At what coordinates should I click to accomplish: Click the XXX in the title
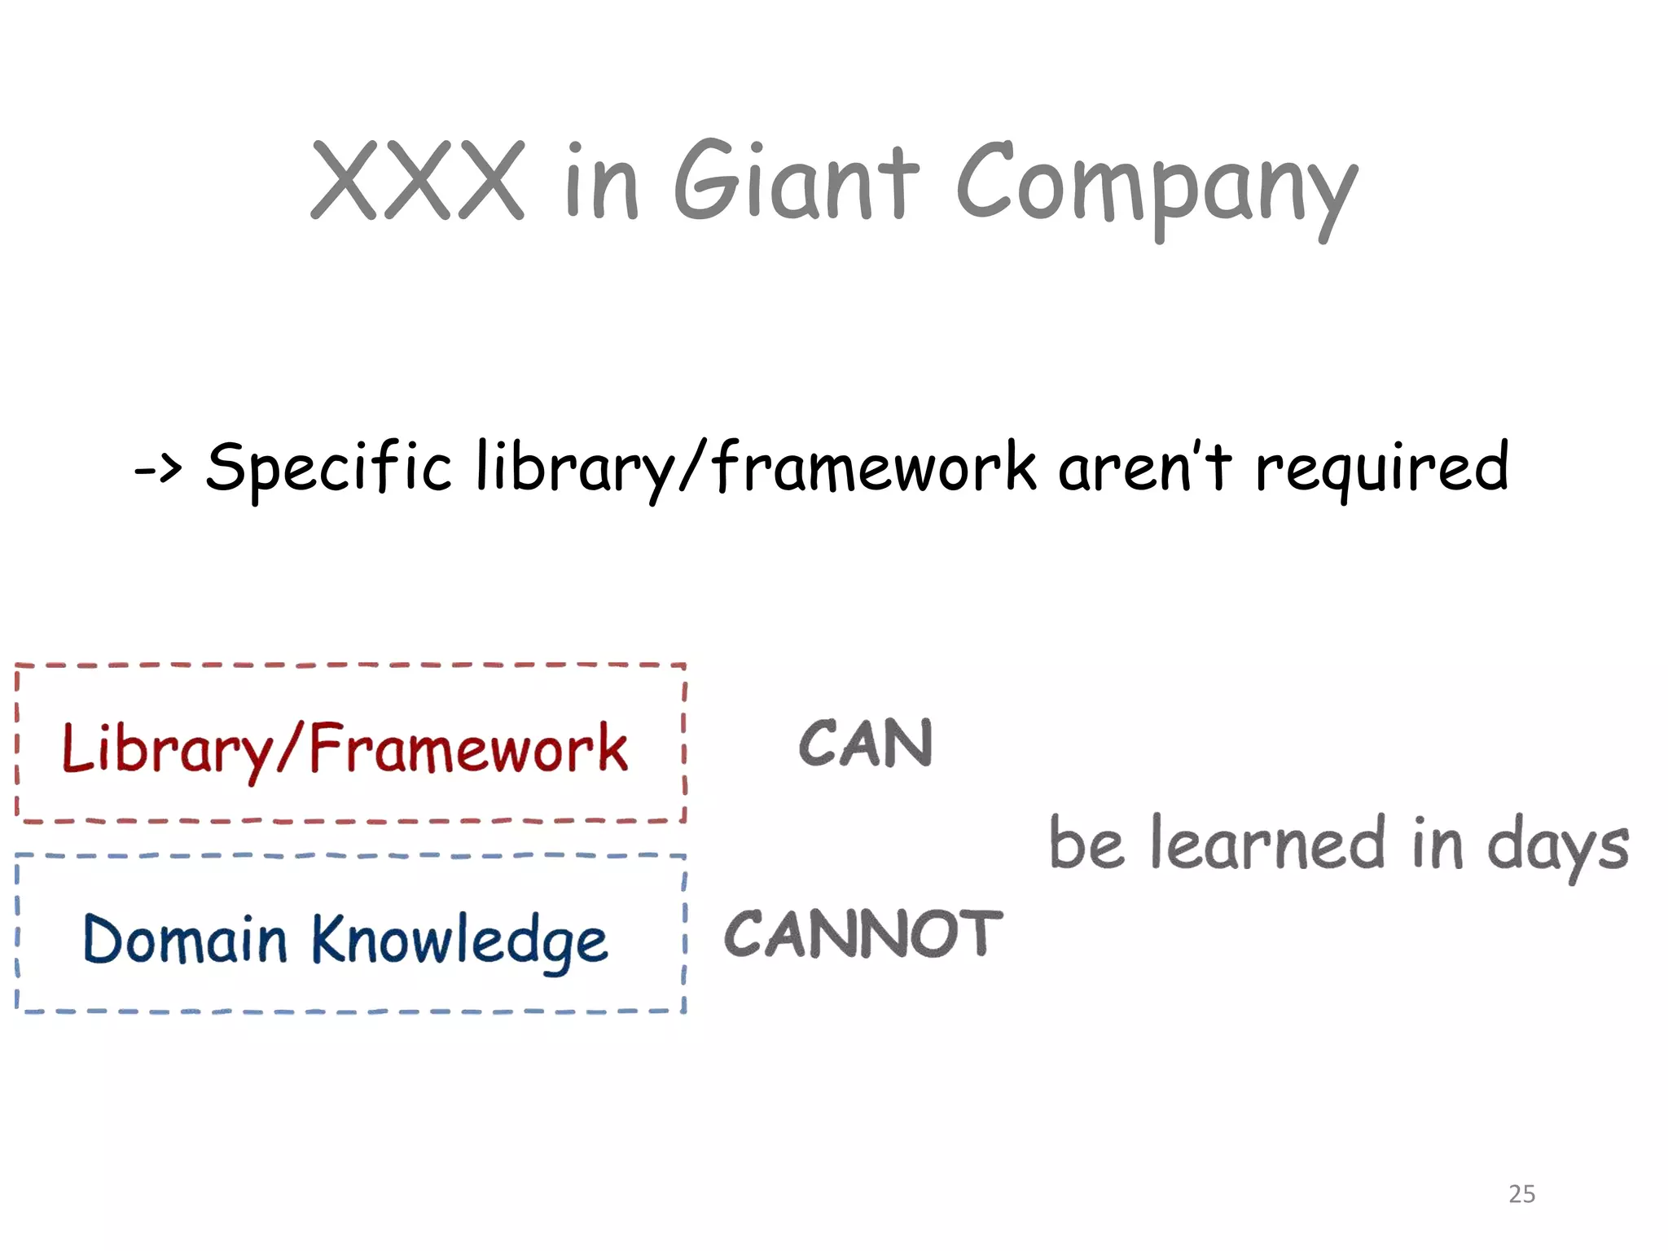coord(418,180)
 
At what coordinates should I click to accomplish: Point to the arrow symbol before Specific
coord(158,468)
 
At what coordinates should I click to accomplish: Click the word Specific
coord(328,467)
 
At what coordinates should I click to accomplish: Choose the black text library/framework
coord(757,467)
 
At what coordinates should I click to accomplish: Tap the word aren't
coord(1145,467)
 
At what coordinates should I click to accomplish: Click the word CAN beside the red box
coord(866,743)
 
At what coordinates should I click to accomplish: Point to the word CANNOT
coord(863,933)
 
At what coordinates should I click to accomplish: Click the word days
coord(1558,847)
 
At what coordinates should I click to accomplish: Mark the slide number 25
coord(1521,1194)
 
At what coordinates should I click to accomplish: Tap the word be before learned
coord(1086,843)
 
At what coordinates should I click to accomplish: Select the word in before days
coord(1438,843)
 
